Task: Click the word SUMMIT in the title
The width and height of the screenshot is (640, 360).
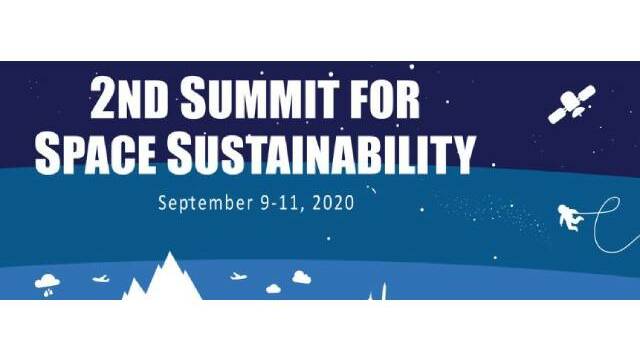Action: pyautogui.click(x=260, y=98)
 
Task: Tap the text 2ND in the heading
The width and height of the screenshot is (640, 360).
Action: pyautogui.click(x=129, y=98)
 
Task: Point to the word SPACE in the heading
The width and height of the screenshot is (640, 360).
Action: pyautogui.click(x=96, y=154)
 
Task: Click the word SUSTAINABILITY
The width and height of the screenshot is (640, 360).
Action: pyautogui.click(x=321, y=154)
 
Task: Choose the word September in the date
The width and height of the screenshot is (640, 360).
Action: pyautogui.click(x=205, y=203)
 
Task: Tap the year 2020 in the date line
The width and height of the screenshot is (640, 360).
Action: pyautogui.click(x=333, y=203)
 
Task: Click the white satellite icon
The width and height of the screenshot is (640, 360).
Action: pyautogui.click(x=571, y=104)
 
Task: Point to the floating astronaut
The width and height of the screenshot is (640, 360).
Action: pyautogui.click(x=570, y=218)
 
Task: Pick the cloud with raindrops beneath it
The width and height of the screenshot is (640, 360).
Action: pyautogui.click(x=47, y=285)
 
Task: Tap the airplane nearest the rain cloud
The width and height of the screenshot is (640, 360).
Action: pyautogui.click(x=101, y=279)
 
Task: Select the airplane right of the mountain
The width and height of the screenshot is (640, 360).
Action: pyautogui.click(x=239, y=277)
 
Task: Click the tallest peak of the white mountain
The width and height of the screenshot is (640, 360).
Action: pyautogui.click(x=169, y=253)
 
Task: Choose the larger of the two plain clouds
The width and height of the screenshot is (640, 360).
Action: pyautogui.click(x=302, y=278)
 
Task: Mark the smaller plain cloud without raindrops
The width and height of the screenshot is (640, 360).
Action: pyautogui.click(x=273, y=289)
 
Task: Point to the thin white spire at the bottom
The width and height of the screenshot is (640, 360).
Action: pyautogui.click(x=383, y=291)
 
